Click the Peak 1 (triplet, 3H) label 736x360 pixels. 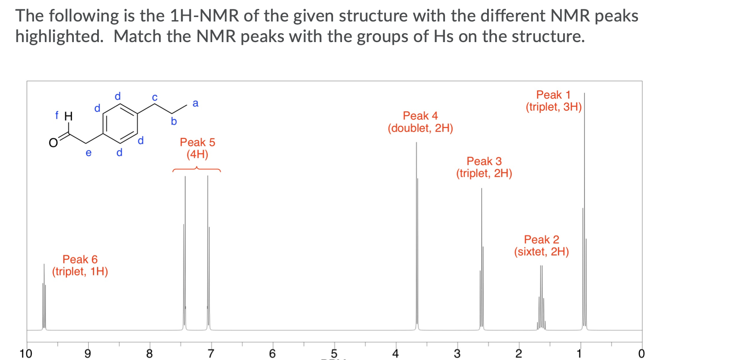tap(553, 101)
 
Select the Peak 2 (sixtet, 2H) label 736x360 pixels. tap(541, 245)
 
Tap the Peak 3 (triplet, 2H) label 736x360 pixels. tap(484, 167)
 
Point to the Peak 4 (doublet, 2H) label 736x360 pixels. tap(420, 122)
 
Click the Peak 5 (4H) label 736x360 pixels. tap(197, 148)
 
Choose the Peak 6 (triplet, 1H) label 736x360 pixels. tap(80, 265)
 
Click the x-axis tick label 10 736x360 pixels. tap(26, 353)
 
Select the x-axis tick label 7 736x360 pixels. tap(211, 353)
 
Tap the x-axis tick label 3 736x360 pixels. tap(457, 353)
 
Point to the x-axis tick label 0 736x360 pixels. tap(641, 353)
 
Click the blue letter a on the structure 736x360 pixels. tap(195, 103)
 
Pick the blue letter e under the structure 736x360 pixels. tap(88, 153)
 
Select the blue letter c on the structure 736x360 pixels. tap(154, 97)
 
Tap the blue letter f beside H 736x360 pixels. tap(57, 115)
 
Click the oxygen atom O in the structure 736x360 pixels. tap(53, 143)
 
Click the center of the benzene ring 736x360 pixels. tap(120, 120)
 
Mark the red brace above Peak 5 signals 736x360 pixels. tap(197, 169)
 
